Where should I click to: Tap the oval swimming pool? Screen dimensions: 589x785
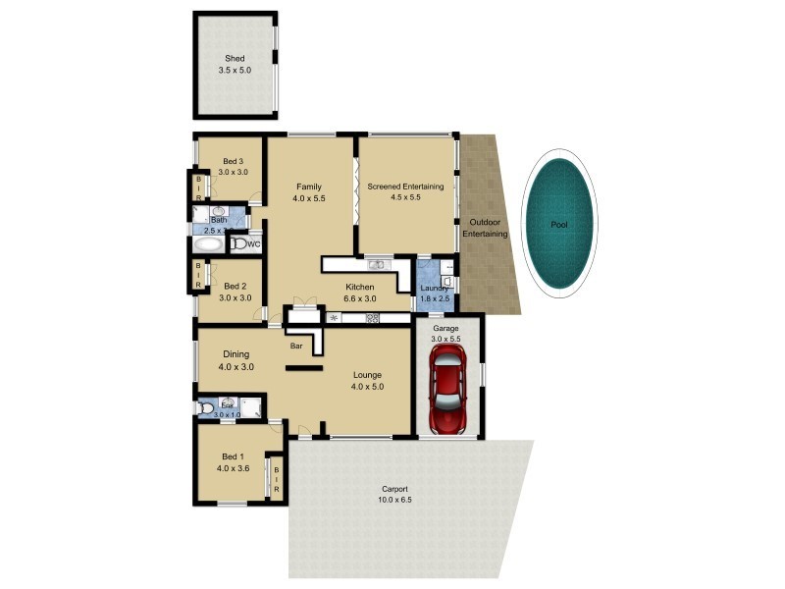pos(558,225)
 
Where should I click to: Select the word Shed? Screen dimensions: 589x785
pos(234,59)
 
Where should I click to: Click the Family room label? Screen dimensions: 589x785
pos(308,187)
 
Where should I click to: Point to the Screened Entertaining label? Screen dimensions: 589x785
pos(405,187)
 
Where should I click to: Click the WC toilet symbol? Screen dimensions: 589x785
pos(241,243)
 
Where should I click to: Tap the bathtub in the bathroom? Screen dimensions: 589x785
pos(209,244)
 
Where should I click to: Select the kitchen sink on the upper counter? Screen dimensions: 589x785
pos(377,264)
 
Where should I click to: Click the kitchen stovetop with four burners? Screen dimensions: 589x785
pos(373,318)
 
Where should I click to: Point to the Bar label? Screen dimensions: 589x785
pos(295,346)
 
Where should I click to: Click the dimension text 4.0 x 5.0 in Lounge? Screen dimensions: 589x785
pos(368,387)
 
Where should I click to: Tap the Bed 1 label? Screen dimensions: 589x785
pos(233,457)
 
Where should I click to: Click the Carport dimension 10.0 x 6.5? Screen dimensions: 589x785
pos(396,501)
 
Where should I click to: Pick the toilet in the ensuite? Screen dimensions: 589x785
pos(207,407)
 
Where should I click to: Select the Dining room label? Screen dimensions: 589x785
pos(235,354)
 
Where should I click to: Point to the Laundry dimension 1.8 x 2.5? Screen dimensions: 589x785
pos(434,298)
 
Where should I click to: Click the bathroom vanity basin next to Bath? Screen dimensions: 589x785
pos(218,210)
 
